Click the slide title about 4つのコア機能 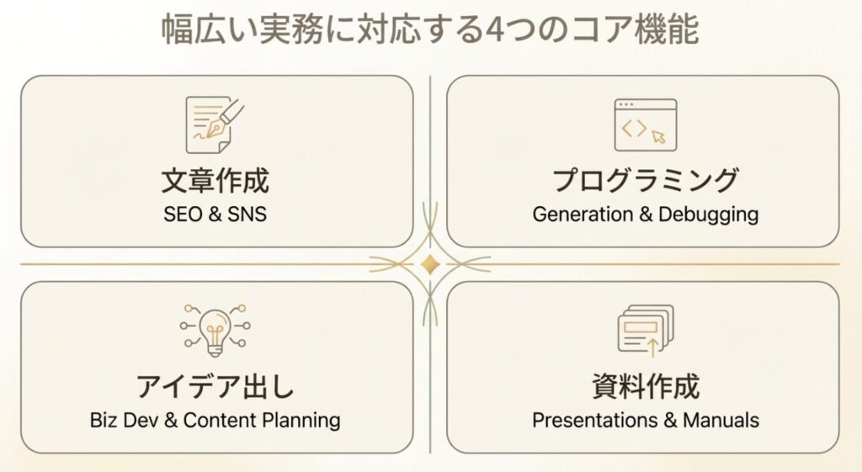click(x=430, y=29)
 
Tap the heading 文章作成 click(x=215, y=181)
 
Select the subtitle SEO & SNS click(x=215, y=214)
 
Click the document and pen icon click(x=215, y=125)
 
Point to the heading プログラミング click(x=646, y=180)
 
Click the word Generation click(x=583, y=214)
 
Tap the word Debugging click(x=709, y=215)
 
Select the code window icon click(x=646, y=125)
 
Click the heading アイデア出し click(x=215, y=386)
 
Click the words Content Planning click(x=262, y=421)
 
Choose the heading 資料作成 click(x=646, y=386)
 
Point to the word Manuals click(x=721, y=421)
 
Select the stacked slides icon click(x=646, y=331)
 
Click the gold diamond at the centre click(x=430, y=264)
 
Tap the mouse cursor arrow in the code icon click(x=658, y=136)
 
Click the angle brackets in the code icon click(x=634, y=128)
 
